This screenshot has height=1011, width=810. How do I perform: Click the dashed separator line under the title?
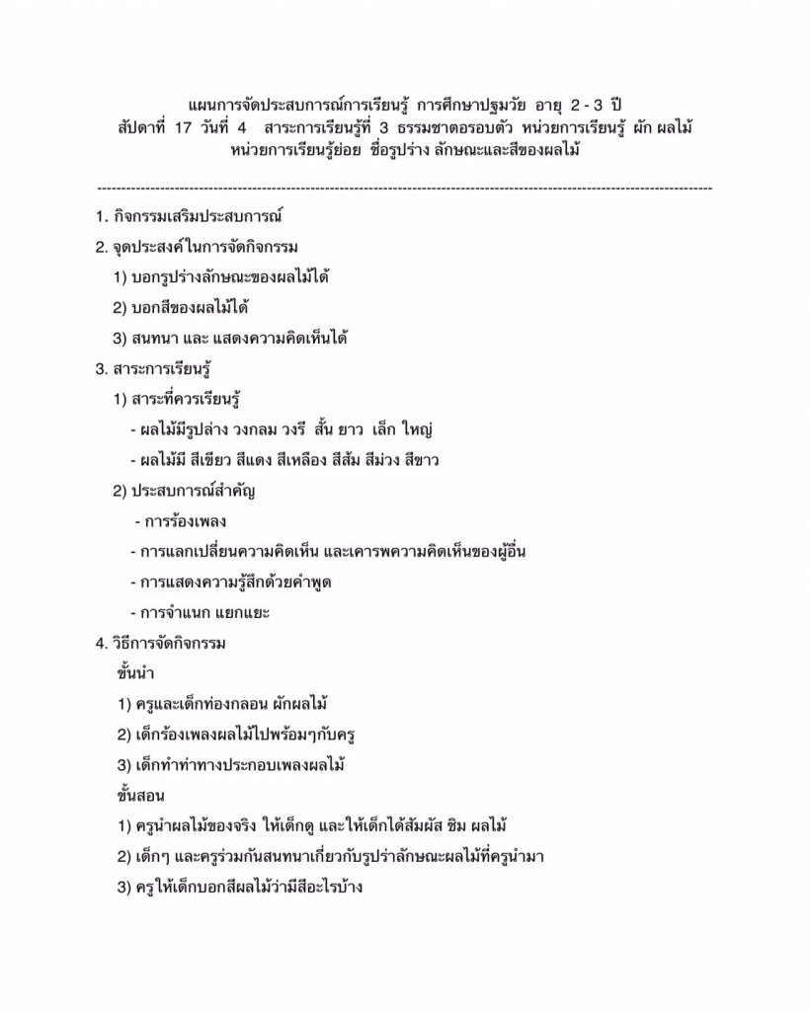pos(405,186)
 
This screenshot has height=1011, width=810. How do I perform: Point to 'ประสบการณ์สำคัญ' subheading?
pos(193,491)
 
